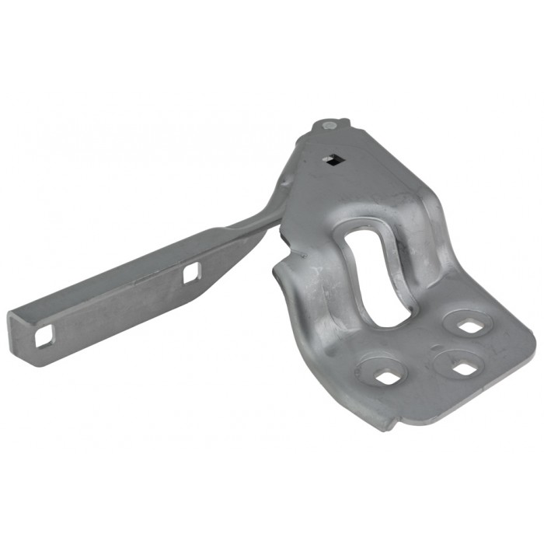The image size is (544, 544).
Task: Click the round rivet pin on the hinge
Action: point(329,124)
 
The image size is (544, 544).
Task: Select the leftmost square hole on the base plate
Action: point(385,377)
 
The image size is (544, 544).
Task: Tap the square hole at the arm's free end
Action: point(44,336)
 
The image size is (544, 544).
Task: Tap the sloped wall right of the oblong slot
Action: point(420,249)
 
